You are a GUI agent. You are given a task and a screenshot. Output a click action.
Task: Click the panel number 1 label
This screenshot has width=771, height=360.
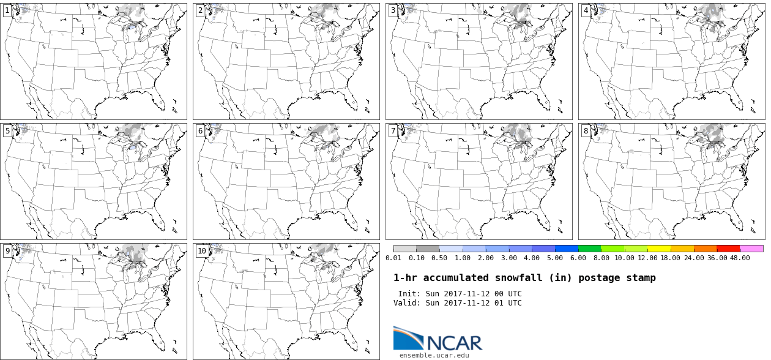coord(7,10)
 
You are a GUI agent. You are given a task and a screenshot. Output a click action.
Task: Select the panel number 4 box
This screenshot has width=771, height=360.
coord(586,10)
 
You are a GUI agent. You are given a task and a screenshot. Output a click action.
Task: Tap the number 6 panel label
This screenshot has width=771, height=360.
coord(200,131)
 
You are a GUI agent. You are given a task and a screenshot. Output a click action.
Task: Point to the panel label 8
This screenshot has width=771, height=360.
coord(586,131)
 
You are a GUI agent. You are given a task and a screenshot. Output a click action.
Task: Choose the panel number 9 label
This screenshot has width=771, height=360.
coord(7,251)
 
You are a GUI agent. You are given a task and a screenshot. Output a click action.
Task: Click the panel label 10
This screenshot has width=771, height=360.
coord(202,251)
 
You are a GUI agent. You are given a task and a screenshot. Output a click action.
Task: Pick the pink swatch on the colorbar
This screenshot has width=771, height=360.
coord(751,249)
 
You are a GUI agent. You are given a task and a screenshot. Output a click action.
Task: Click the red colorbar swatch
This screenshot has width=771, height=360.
coord(728,249)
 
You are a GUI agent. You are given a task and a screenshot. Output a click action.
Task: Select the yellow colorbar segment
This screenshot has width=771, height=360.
coord(659,249)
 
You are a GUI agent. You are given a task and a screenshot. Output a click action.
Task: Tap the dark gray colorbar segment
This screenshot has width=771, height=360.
coord(428,249)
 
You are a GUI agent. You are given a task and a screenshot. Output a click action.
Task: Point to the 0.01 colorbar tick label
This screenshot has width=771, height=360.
coord(393,258)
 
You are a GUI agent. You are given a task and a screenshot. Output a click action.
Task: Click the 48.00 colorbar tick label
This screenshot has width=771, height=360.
coord(740,258)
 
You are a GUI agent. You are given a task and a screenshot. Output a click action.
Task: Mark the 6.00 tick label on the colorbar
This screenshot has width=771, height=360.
coord(578,258)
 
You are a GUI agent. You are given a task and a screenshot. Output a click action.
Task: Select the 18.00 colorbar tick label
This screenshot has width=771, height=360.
coord(671,258)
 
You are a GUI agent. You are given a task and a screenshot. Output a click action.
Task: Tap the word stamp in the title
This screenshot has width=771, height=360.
coord(641,278)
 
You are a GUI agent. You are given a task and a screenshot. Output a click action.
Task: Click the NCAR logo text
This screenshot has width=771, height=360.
coord(454,343)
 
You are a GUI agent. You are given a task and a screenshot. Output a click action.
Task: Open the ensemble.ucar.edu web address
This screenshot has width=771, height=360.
coord(434,355)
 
